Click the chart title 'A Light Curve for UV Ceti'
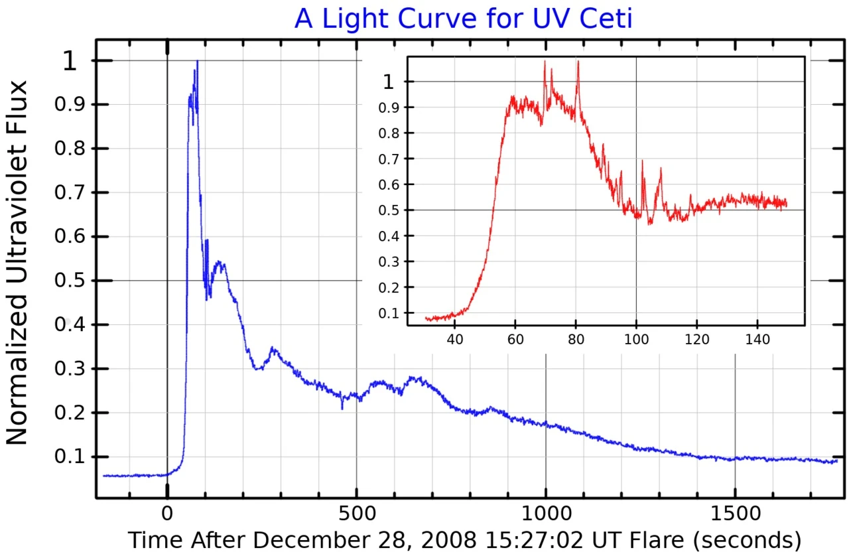463,18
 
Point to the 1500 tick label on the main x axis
734,514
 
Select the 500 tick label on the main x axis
356,514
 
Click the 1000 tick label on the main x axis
545,514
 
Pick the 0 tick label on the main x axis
167,514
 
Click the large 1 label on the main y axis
70,62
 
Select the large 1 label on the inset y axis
389,82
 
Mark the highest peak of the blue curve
197,62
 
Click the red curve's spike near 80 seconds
578,62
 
